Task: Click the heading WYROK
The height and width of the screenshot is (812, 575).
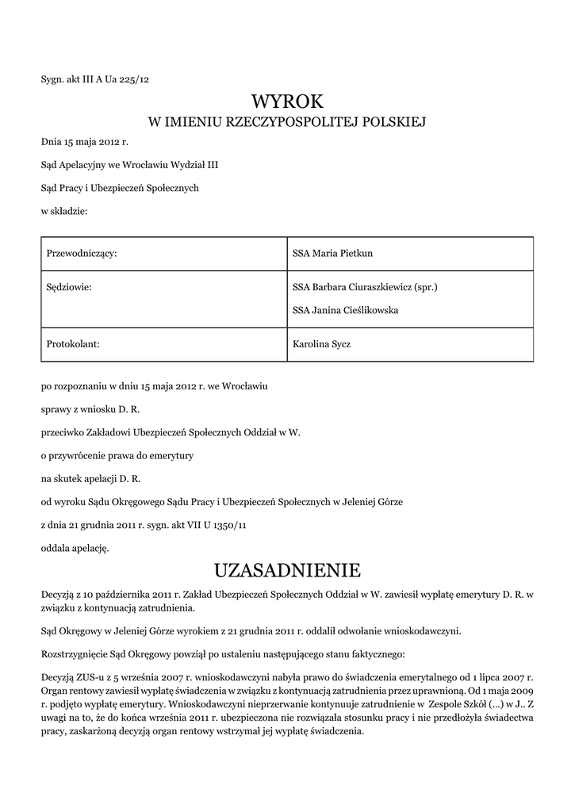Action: click(x=287, y=101)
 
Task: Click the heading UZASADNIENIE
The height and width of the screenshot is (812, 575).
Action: click(x=287, y=570)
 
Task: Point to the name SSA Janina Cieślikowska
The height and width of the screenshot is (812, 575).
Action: click(x=346, y=310)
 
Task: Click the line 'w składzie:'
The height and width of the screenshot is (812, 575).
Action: click(x=63, y=211)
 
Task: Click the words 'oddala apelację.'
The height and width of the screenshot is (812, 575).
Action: click(x=75, y=547)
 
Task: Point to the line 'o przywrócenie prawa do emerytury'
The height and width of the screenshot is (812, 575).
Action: click(x=112, y=456)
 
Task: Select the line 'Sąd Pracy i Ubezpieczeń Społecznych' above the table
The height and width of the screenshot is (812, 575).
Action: click(x=120, y=188)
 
